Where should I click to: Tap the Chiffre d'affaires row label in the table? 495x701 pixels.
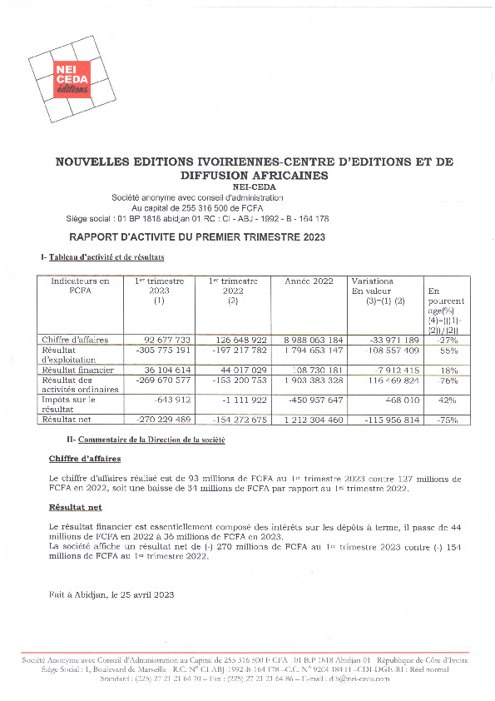[81, 340]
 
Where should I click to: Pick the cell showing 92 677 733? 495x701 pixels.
[167, 340]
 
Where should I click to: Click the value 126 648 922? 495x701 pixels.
[240, 340]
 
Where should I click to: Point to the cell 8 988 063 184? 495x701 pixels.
[312, 340]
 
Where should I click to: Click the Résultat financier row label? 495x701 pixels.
[82, 369]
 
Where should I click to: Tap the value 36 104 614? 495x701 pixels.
[168, 369]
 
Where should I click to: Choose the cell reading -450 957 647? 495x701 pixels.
[314, 400]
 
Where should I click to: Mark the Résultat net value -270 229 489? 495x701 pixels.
[163, 420]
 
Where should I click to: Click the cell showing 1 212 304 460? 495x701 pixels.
[312, 420]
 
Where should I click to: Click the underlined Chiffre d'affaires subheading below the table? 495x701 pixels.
[85, 459]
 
